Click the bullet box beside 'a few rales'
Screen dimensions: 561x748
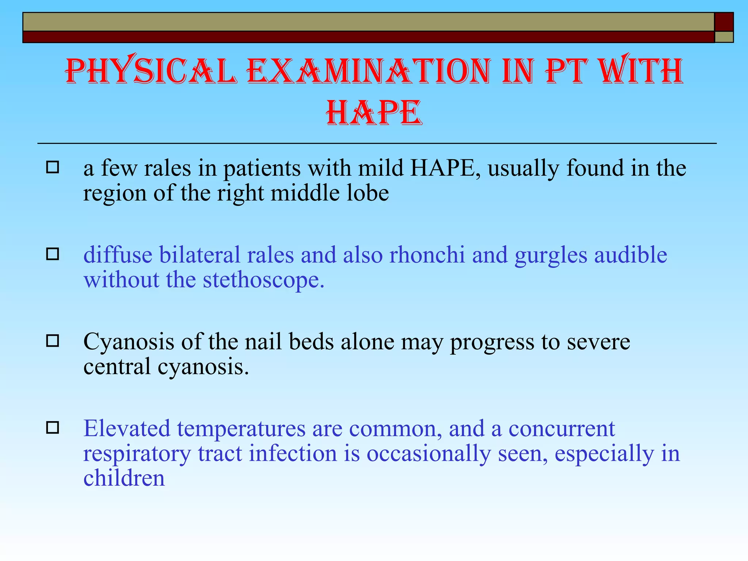pyautogui.click(x=53, y=168)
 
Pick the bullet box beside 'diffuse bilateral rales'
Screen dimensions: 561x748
pyautogui.click(x=53, y=254)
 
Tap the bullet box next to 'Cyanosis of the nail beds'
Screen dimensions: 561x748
pyautogui.click(x=53, y=341)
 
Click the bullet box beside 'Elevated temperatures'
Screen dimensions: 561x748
pyautogui.click(x=53, y=428)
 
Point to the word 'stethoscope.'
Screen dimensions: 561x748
pyautogui.click(x=263, y=280)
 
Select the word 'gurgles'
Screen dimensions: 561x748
pyautogui.click(x=551, y=256)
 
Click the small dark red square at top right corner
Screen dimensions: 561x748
pyautogui.click(x=724, y=22)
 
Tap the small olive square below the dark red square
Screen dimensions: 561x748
pyautogui.click(x=724, y=37)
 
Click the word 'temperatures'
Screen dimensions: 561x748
pyautogui.click(x=241, y=429)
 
